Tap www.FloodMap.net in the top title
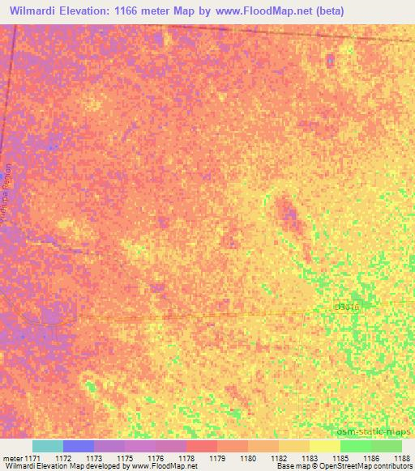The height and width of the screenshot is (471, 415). (x=255, y=11)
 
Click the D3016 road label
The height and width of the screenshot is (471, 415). (x=346, y=308)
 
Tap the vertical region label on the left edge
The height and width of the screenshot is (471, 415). (x=9, y=198)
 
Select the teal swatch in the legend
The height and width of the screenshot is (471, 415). (x=47, y=446)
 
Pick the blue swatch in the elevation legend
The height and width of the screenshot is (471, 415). (x=78, y=446)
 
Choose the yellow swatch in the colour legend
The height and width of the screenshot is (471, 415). (x=324, y=446)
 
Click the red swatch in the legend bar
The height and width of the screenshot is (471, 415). (x=201, y=446)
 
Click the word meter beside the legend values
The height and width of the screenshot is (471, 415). (x=12, y=458)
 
